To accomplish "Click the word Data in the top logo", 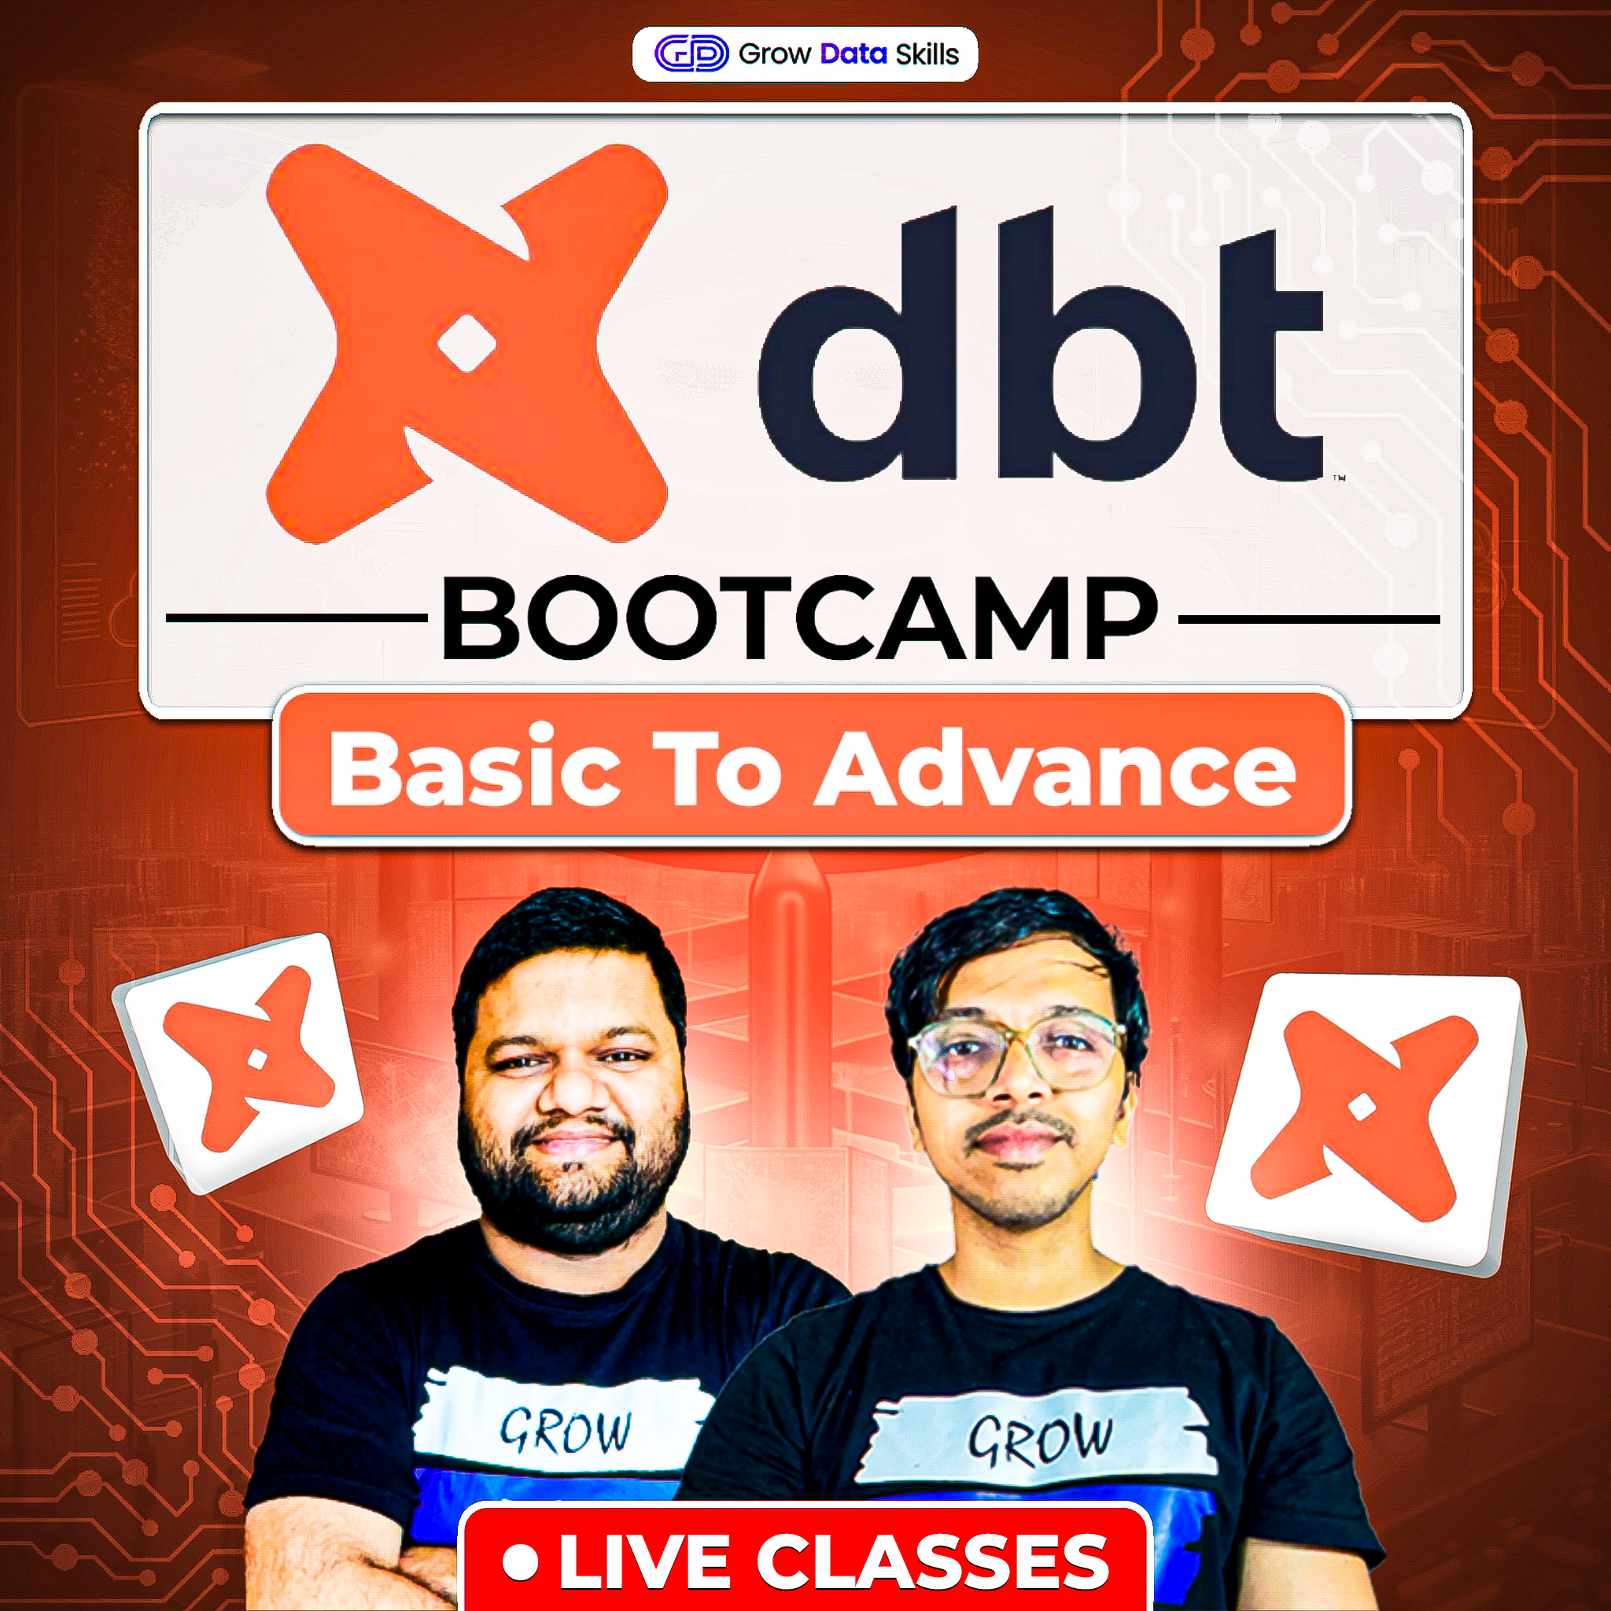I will pos(853,55).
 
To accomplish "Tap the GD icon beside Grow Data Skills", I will pos(691,55).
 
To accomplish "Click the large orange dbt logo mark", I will pos(467,344).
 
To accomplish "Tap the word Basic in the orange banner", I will pos(474,767).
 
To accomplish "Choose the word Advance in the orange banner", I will pos(1055,767).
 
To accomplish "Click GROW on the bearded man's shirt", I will pos(566,1431).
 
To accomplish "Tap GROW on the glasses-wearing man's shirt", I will pos(1040,1440).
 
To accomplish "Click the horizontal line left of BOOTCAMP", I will pos(296,619).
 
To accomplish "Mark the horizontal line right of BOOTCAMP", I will pos(1309,620).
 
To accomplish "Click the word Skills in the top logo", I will pos(927,55).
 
